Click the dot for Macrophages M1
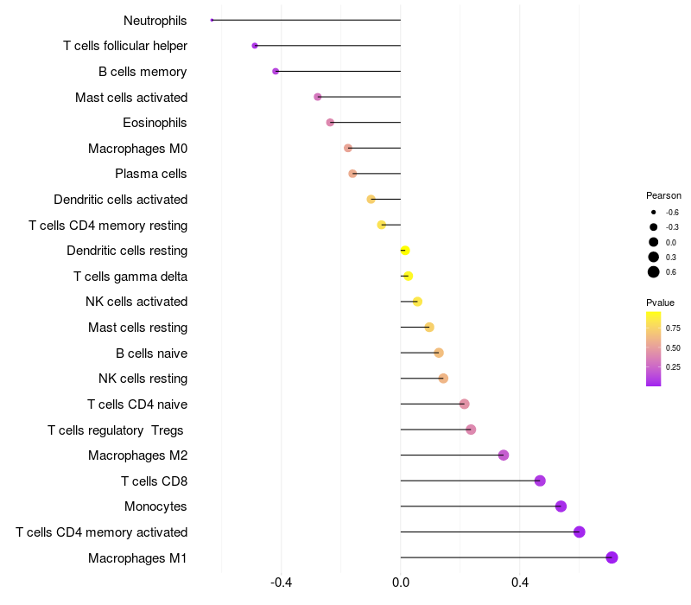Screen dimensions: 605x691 coord(612,557)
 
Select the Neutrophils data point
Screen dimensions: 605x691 coord(212,20)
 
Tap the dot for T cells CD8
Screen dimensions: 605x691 coord(540,481)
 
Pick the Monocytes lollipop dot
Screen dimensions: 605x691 coord(561,506)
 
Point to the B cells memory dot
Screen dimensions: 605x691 coord(276,71)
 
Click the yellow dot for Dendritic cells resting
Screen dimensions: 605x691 coord(404,251)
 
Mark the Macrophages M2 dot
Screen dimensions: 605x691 coord(504,455)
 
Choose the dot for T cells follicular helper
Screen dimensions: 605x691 coord(255,46)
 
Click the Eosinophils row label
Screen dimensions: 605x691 coord(155,123)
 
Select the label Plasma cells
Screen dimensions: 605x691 coord(151,174)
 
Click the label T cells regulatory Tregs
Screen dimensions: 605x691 coord(117,430)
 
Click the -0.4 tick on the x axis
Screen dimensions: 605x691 coord(282,583)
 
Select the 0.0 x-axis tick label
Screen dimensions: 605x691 coord(401,583)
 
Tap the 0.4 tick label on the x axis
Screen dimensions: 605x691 coord(520,583)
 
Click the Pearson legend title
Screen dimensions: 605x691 coord(663,195)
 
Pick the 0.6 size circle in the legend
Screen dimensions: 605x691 coord(654,272)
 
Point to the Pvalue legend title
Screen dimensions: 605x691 coord(661,302)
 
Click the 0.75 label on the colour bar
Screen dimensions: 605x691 coord(674,328)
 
